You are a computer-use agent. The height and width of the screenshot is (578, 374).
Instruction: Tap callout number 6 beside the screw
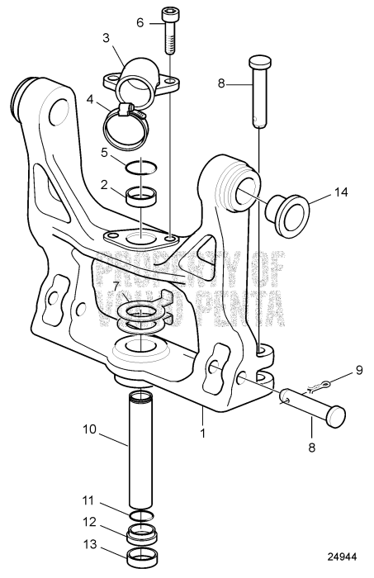tap(140, 23)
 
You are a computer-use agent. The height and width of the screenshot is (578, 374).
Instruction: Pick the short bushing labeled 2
tap(142, 197)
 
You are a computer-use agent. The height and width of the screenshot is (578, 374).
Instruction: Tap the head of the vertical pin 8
tap(260, 62)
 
